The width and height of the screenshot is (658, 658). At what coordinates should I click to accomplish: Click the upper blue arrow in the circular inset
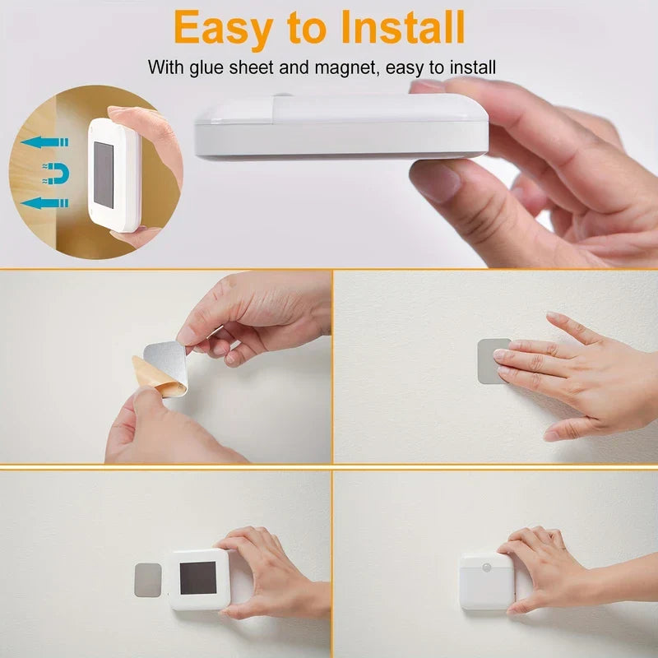pos(44,142)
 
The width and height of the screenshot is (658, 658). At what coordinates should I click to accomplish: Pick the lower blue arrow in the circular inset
pos(44,202)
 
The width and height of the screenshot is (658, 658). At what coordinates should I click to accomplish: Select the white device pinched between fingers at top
pos(341,127)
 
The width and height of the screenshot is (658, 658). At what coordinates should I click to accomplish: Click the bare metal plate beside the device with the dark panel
pos(148,580)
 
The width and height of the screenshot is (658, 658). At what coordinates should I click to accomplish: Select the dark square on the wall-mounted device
pos(197,578)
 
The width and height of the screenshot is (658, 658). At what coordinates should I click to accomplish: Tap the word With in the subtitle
pos(164,67)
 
